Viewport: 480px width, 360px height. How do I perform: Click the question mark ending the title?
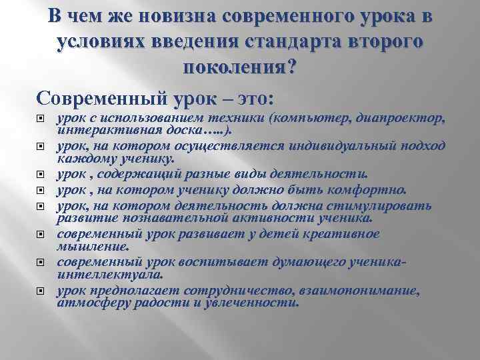[293, 69]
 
